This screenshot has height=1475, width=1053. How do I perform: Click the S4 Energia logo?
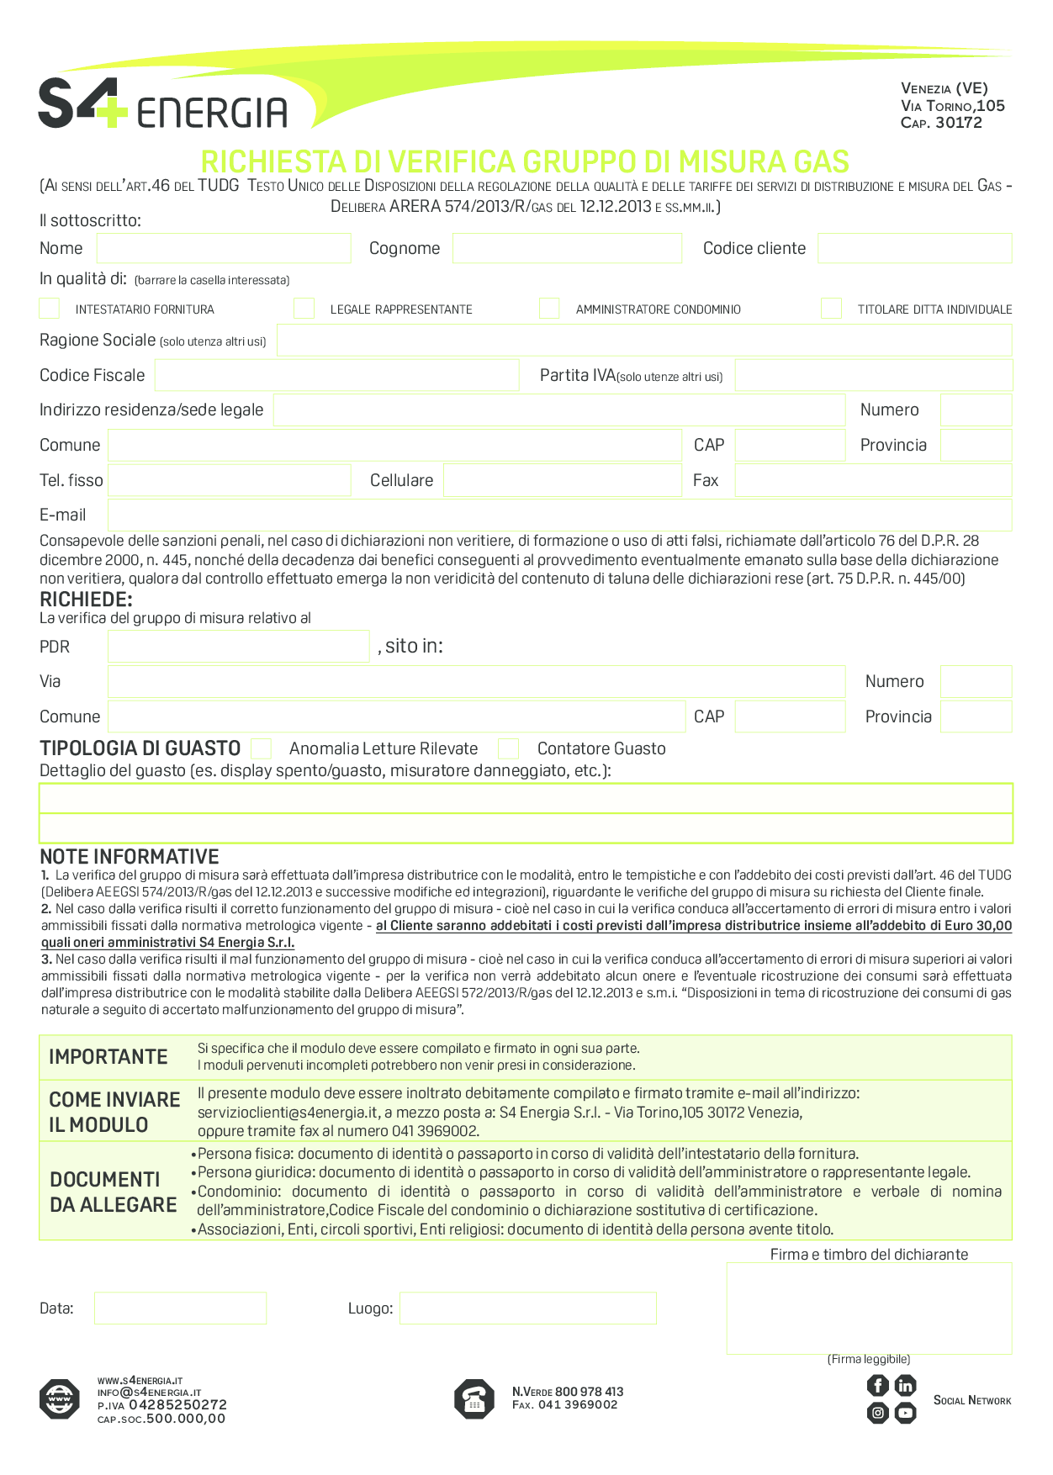[162, 104]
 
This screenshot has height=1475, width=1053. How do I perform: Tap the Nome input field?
[223, 249]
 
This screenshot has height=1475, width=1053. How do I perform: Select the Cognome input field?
[567, 249]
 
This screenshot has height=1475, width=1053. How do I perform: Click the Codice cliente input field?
[914, 249]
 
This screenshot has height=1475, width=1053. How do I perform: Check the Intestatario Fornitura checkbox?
[50, 309]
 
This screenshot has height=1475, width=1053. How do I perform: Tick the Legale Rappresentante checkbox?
[304, 309]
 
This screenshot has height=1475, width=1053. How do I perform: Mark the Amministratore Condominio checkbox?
[549, 309]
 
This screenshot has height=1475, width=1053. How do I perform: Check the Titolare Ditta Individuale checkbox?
[831, 309]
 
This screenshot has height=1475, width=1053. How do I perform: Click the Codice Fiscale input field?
[336, 375]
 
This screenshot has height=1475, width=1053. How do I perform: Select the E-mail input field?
[559, 515]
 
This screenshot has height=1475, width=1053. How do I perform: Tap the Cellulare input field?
[562, 480]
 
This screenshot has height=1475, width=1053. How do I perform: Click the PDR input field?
[238, 647]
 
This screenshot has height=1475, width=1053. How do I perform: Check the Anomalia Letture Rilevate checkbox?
[262, 748]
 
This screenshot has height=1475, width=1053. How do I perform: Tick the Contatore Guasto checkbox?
[508, 748]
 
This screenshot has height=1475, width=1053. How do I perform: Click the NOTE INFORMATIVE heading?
[130, 857]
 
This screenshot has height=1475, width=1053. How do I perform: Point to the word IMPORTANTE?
[108, 1057]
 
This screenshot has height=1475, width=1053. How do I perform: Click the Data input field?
[180, 1308]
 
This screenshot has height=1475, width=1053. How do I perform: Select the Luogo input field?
[527, 1308]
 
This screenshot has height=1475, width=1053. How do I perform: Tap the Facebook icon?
[877, 1385]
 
